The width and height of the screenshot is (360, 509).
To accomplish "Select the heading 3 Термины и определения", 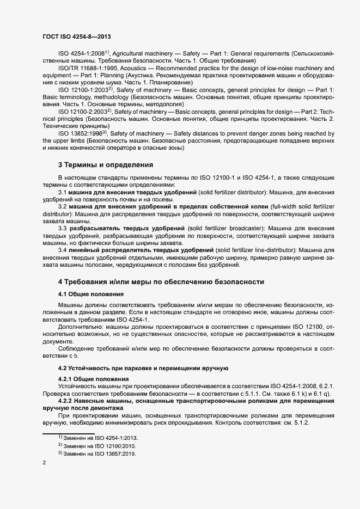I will (x=106, y=164).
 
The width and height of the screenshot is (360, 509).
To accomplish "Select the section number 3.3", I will (x=63, y=227).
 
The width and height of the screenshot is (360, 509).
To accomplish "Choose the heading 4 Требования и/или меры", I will (x=161, y=281).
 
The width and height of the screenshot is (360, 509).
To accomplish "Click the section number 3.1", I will (x=62, y=193).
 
